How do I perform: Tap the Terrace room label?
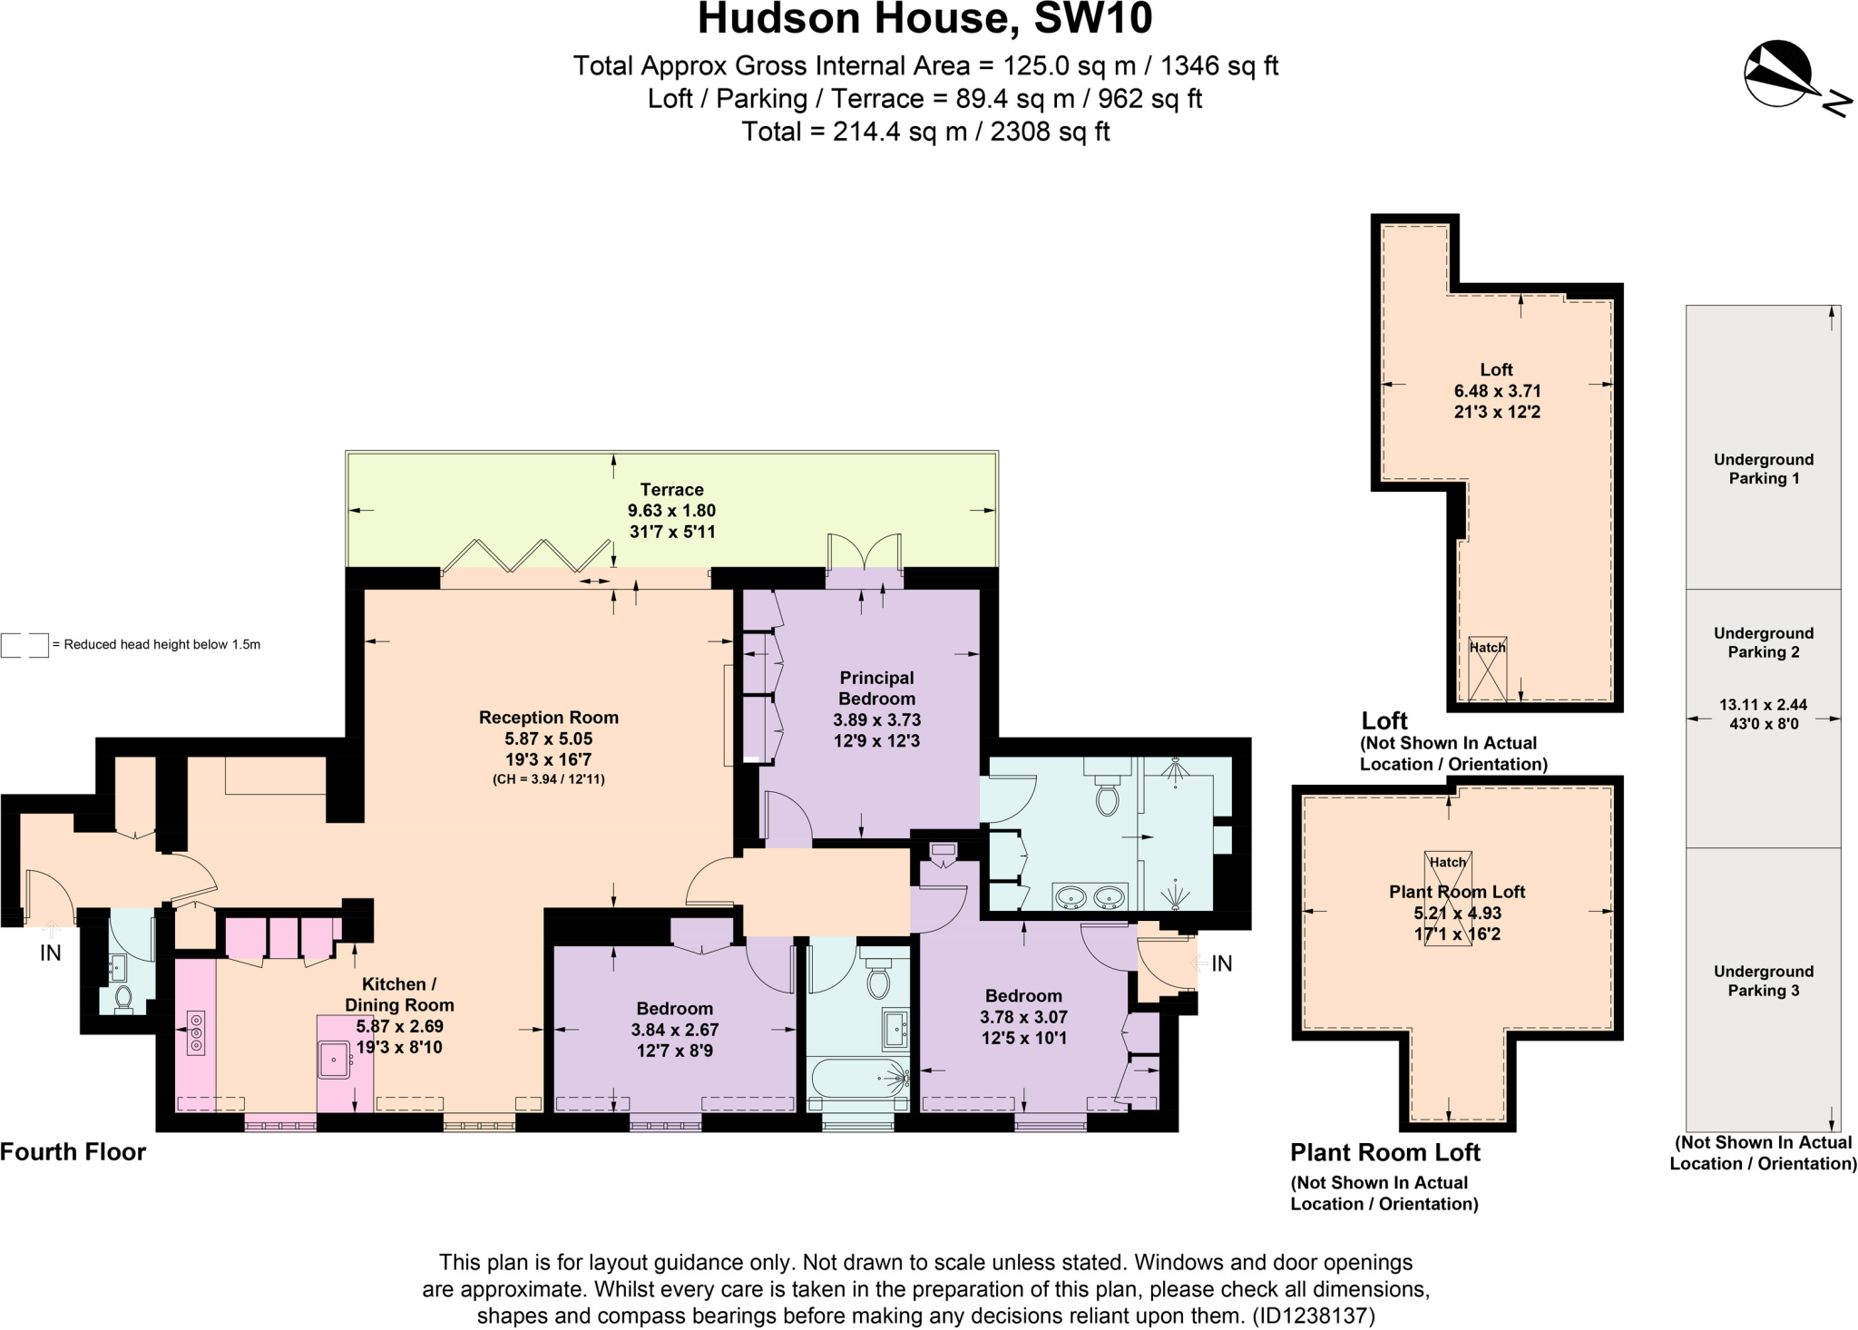point(671,490)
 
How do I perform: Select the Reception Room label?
point(548,718)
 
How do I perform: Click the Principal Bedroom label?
point(876,688)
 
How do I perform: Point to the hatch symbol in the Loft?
point(1487,669)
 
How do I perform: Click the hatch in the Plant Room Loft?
point(1448,898)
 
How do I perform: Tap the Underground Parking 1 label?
point(1763,469)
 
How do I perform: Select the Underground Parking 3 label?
point(1763,981)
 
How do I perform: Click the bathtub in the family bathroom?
point(857,1079)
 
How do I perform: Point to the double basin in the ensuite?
point(1090,897)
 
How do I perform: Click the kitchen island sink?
point(335,1060)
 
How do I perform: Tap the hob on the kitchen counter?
point(196,1033)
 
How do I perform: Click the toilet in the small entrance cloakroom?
point(124,999)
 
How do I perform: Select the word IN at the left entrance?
point(51,953)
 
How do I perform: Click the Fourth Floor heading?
point(73,1152)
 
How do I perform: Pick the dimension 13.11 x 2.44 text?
point(1763,704)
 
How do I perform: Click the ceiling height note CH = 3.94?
point(548,779)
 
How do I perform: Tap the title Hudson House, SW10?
point(924,20)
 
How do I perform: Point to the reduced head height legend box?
point(24,645)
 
